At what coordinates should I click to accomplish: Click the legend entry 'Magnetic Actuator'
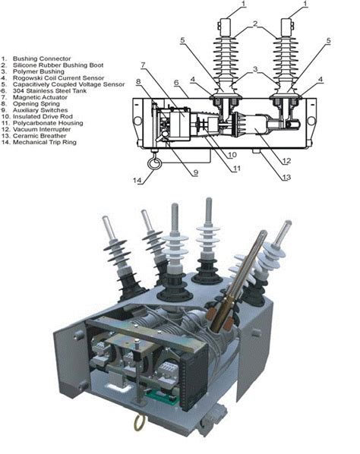pos(40,97)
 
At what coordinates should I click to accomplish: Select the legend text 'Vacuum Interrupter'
pos(42,129)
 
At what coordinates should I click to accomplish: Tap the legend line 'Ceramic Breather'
pos(39,136)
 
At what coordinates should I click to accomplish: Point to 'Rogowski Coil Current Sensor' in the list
pos(58,78)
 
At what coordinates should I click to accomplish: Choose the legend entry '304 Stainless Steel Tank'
pos(49,91)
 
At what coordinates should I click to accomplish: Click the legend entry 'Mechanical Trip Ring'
pos(45,142)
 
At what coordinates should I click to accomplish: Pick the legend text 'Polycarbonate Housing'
pos(48,123)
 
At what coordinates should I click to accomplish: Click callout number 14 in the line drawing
pos(137,180)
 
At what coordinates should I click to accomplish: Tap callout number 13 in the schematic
pos(286,177)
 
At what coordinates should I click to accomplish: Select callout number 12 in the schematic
pos(286,161)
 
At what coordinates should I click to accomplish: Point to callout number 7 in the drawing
pos(143,65)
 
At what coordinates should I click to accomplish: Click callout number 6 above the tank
pos(176,82)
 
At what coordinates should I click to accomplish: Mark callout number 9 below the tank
pos(196,172)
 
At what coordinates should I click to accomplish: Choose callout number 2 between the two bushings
pos(255,24)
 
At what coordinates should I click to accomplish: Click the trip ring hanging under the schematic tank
pos(153,163)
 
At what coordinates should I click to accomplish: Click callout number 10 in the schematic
pos(232,155)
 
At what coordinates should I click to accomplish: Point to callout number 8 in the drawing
pos(138,82)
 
